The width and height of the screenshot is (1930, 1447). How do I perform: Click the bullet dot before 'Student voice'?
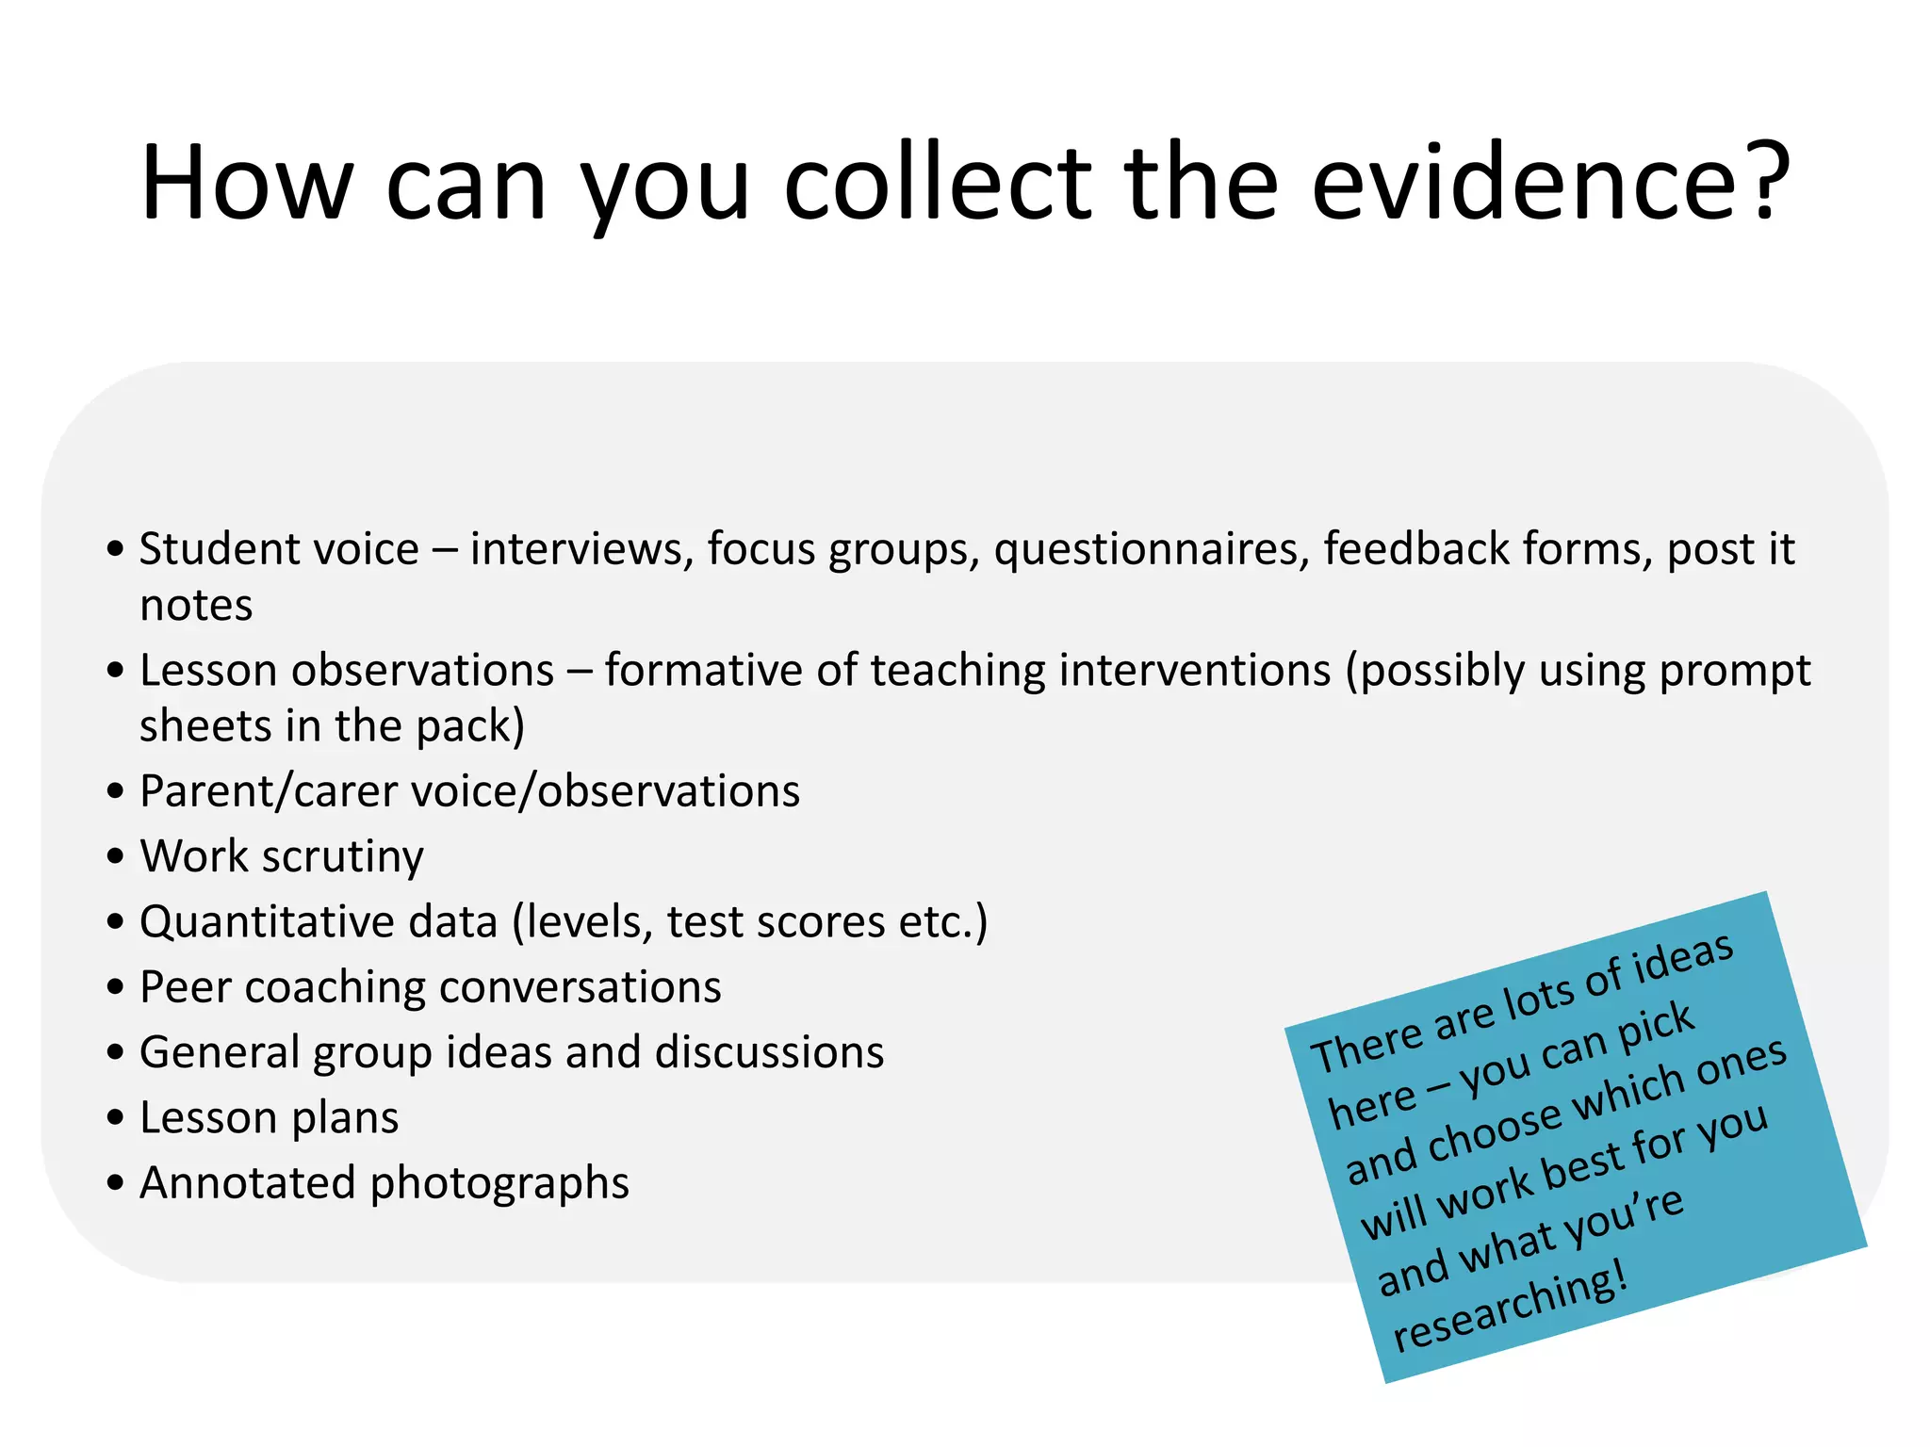coord(116,548)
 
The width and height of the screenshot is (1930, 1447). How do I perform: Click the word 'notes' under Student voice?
coord(196,605)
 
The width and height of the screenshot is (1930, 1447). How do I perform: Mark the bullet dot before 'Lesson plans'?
coord(116,1118)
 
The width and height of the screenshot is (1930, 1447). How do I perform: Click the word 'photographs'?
coord(499,1183)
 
